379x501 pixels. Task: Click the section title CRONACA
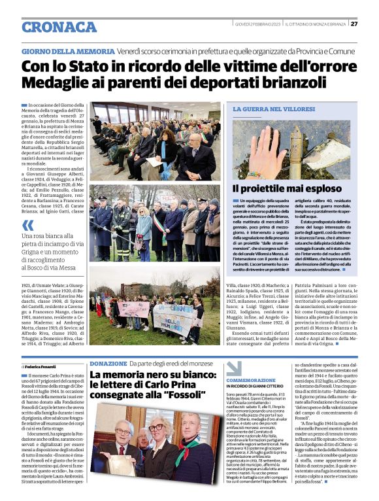tap(59, 27)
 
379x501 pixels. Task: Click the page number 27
tap(354, 24)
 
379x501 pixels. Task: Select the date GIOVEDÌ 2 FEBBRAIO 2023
tap(257, 24)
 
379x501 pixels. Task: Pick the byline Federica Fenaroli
tap(46, 368)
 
